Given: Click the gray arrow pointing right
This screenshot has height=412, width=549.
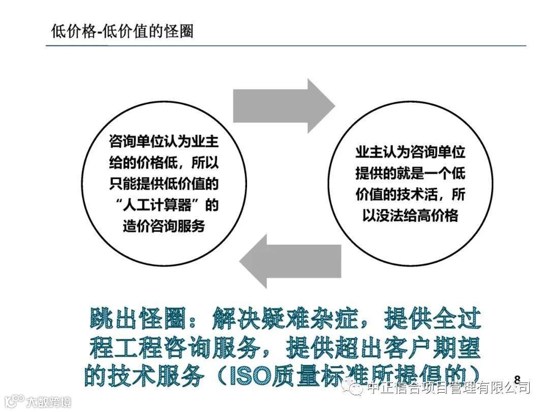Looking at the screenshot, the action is tap(283, 106).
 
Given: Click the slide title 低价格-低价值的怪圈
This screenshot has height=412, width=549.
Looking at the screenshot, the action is tap(123, 31).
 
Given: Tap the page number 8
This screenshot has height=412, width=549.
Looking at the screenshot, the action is tap(517, 379).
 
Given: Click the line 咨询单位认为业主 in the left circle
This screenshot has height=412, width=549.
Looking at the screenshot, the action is tap(164, 141).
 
